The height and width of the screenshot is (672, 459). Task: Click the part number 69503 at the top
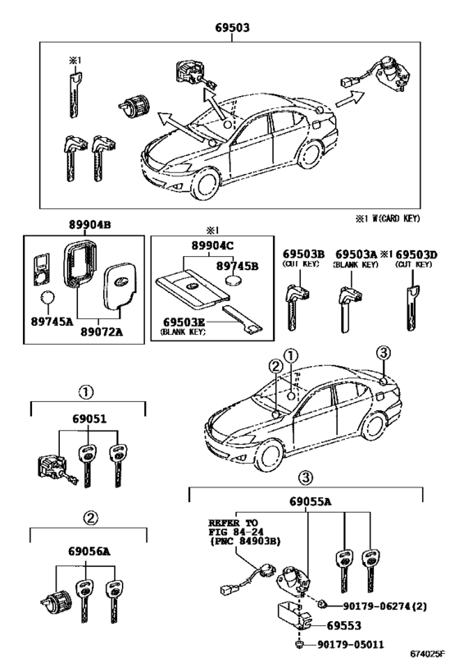pyautogui.click(x=230, y=27)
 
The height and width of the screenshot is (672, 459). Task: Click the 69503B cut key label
pyautogui.click(x=304, y=254)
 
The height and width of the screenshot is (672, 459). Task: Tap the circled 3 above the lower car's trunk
pyautogui.click(x=385, y=354)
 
